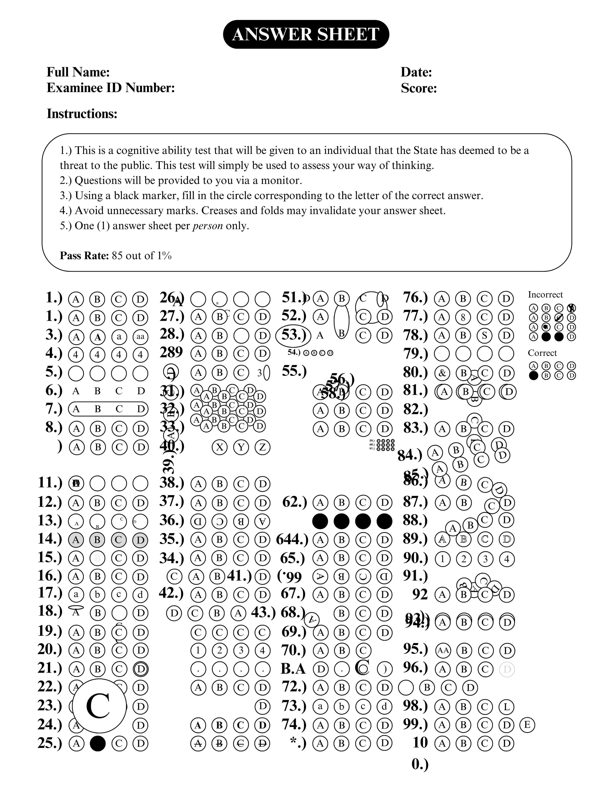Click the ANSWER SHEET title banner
pyautogui.click(x=306, y=35)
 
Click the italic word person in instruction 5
pyautogui.click(x=208, y=226)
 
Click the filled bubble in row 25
pyautogui.click(x=98, y=743)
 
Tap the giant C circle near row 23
pyautogui.click(x=99, y=706)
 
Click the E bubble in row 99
pyautogui.click(x=527, y=725)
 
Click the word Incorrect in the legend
pyautogui.click(x=545, y=294)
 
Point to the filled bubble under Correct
pyautogui.click(x=533, y=376)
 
